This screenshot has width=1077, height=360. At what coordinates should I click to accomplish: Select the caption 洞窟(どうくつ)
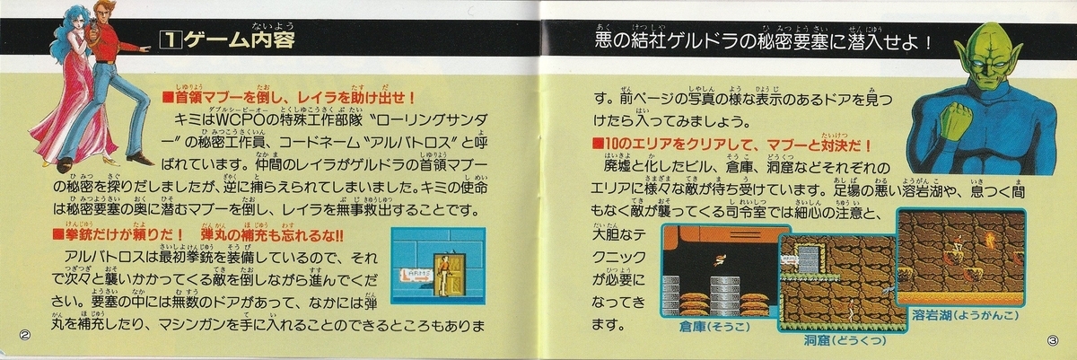coord(831,341)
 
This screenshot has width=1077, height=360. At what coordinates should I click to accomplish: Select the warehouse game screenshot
coord(718,269)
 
